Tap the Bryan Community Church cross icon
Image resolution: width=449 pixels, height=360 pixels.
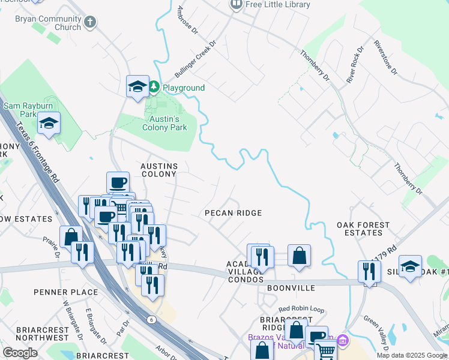90,23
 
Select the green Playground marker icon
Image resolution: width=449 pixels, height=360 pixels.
154,88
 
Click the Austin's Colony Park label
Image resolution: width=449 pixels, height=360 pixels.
164,123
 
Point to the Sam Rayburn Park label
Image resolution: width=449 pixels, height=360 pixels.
29,110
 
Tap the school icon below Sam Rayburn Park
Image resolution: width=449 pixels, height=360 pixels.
49,124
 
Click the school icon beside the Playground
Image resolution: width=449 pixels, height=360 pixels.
137,86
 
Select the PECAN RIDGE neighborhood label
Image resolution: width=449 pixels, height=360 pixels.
233,213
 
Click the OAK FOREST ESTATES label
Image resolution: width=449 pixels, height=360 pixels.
363,229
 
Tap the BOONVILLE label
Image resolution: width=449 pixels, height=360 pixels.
291,288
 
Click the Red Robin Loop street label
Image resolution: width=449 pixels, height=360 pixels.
301,309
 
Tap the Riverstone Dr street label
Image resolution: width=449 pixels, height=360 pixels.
385,58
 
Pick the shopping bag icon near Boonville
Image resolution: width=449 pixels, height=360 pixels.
299,256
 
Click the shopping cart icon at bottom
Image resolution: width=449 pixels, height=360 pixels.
325,350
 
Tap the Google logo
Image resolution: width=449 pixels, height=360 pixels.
20,353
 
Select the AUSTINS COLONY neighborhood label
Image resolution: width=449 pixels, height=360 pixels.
158,170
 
